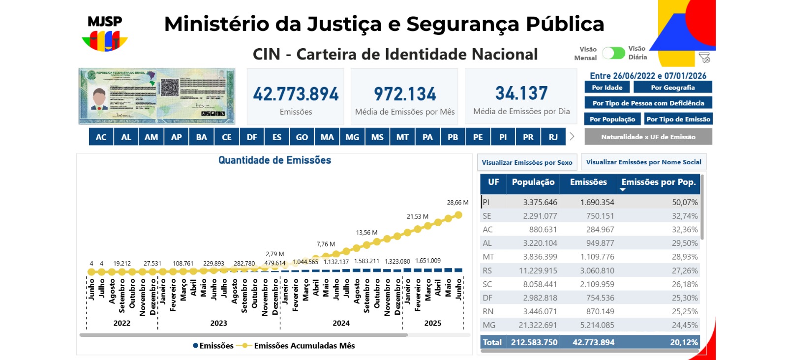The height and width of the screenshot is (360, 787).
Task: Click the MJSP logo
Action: tap(105, 34)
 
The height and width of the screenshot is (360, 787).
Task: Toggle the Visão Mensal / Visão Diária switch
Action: tap(613, 53)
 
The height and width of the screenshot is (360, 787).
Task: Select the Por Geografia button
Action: tap(672, 88)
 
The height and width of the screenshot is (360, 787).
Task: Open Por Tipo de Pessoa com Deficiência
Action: tap(648, 103)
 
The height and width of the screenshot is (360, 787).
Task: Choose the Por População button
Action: tap(612, 119)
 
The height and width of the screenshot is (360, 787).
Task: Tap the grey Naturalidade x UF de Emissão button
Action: tap(648, 137)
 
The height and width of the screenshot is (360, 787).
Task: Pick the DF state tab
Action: tap(252, 137)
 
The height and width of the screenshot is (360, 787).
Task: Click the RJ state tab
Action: tap(553, 137)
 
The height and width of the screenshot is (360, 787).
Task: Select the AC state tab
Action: tap(101, 137)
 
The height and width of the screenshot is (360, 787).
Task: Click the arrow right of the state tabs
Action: tap(572, 137)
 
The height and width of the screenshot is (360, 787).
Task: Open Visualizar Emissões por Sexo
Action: tap(527, 162)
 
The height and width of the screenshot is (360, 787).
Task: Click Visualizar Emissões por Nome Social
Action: tap(643, 162)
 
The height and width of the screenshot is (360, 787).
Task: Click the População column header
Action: tap(533, 182)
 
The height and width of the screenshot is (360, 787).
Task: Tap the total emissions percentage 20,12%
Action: tap(684, 342)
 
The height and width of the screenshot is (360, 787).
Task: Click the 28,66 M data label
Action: tap(457, 203)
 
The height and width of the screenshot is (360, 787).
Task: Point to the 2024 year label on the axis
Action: tap(341, 323)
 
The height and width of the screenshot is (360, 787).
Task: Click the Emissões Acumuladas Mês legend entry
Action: tap(304, 346)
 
